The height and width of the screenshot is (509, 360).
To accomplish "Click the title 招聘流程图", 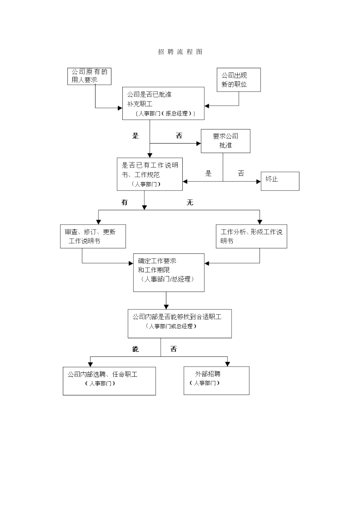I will [180, 52].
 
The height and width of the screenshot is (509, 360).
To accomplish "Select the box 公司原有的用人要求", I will [89, 76].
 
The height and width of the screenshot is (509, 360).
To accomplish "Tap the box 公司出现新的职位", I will [239, 80].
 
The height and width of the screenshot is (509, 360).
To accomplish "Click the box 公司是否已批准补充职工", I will [163, 103].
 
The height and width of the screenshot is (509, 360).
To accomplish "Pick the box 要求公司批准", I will [225, 141].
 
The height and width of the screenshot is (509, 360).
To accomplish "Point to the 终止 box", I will [280, 181].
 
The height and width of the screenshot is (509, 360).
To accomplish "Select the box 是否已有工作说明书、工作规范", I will [150, 174].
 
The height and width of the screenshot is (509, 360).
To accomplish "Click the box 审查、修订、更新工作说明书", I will [93, 236].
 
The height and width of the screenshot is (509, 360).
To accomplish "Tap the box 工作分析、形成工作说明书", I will [251, 236].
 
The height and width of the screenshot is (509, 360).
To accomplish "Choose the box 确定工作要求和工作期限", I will [169, 272].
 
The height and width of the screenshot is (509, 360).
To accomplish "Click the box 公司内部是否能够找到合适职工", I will [180, 323].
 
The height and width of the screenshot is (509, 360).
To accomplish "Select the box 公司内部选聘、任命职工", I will [109, 381].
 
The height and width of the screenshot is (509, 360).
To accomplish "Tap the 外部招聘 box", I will [216, 380].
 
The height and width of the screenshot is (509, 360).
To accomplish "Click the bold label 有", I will [124, 203].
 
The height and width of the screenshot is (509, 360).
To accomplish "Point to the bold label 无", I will [190, 203].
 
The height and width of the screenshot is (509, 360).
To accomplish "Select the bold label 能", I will [135, 349].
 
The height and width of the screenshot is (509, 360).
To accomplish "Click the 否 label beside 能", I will [174, 349].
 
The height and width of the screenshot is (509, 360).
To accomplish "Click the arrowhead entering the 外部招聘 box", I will [227, 364].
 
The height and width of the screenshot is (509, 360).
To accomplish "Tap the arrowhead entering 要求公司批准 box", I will [198, 144].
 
